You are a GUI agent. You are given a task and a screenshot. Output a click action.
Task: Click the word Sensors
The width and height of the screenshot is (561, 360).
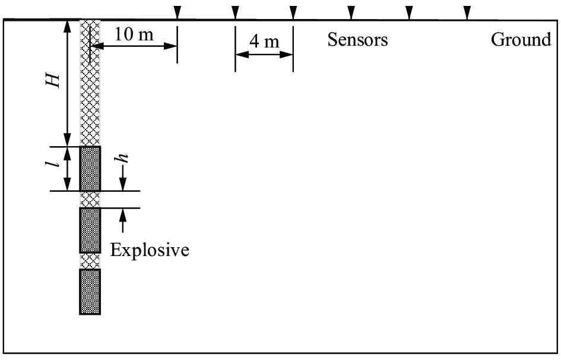(357, 39)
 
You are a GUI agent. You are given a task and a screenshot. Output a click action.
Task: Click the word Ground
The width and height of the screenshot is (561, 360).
(521, 39)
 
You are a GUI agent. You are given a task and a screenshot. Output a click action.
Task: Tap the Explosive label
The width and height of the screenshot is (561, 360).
(150, 250)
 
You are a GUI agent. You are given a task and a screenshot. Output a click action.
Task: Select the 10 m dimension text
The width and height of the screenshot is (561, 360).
(134, 34)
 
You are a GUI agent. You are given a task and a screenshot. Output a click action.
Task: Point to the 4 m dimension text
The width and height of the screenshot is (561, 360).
(264, 42)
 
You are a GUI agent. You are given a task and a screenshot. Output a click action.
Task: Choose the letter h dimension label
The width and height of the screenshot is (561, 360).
(123, 158)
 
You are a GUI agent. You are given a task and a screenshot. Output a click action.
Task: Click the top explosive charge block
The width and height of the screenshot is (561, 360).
(90, 168)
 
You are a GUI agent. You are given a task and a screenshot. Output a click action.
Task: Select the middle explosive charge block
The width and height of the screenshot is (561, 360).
(90, 230)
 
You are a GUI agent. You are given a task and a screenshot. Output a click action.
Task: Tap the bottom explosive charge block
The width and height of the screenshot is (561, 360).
(90, 292)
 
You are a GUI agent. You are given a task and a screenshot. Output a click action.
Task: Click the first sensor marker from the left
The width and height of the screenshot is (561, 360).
(177, 12)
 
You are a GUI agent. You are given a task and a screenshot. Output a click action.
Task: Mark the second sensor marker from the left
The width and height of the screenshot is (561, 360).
(235, 12)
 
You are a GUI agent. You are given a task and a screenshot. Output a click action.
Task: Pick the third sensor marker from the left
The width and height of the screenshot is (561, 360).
(293, 12)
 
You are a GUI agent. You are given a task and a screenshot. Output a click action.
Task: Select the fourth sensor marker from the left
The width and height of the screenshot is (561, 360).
(351, 12)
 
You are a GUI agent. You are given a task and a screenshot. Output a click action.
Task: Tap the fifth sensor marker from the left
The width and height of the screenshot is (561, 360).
(409, 12)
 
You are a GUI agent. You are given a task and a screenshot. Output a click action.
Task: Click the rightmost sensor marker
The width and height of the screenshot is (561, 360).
(467, 12)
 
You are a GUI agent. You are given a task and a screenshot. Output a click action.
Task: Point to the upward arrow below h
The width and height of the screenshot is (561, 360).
(123, 220)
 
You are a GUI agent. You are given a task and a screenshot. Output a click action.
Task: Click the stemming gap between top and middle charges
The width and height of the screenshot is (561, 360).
(90, 200)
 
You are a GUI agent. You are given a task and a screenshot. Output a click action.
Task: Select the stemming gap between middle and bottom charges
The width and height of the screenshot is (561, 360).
(90, 261)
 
